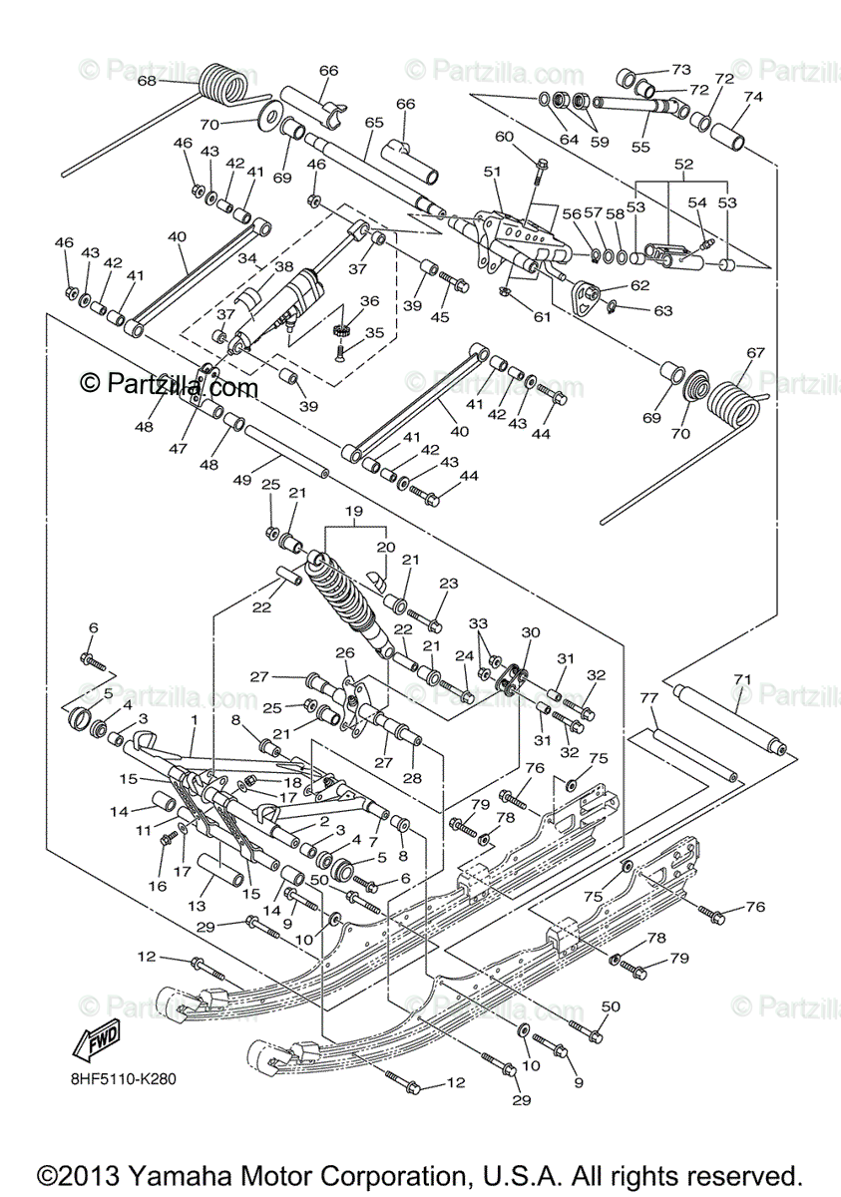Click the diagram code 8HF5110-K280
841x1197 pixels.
[125, 1078]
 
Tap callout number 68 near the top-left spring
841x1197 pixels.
[147, 80]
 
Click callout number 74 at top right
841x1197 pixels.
[752, 97]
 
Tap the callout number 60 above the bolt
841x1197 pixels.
[504, 137]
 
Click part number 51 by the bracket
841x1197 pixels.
[492, 172]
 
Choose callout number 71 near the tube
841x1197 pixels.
[741, 678]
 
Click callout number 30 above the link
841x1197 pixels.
[530, 632]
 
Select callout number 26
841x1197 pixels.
[344, 653]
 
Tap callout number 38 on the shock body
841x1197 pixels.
[283, 267]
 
